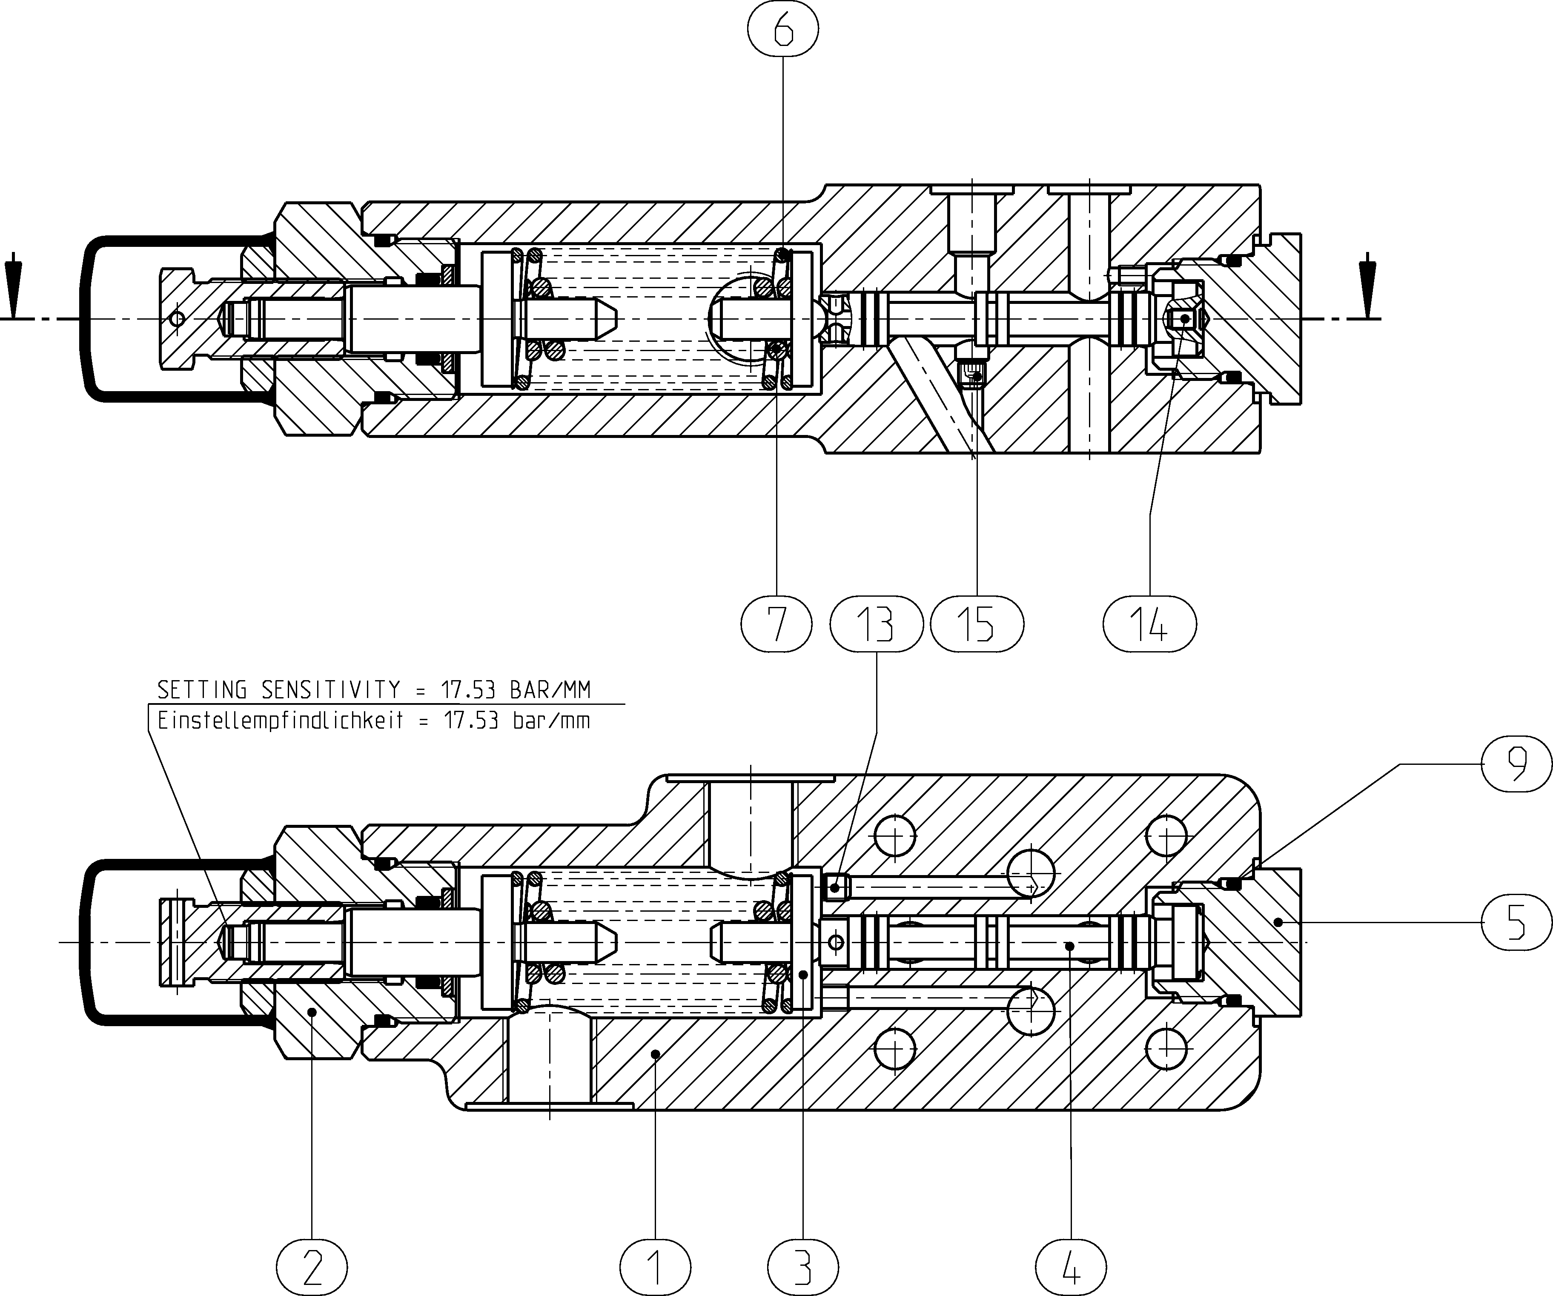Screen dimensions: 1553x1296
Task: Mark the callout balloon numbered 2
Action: pyautogui.click(x=312, y=1267)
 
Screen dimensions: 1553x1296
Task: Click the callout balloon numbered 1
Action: pyautogui.click(x=655, y=1267)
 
